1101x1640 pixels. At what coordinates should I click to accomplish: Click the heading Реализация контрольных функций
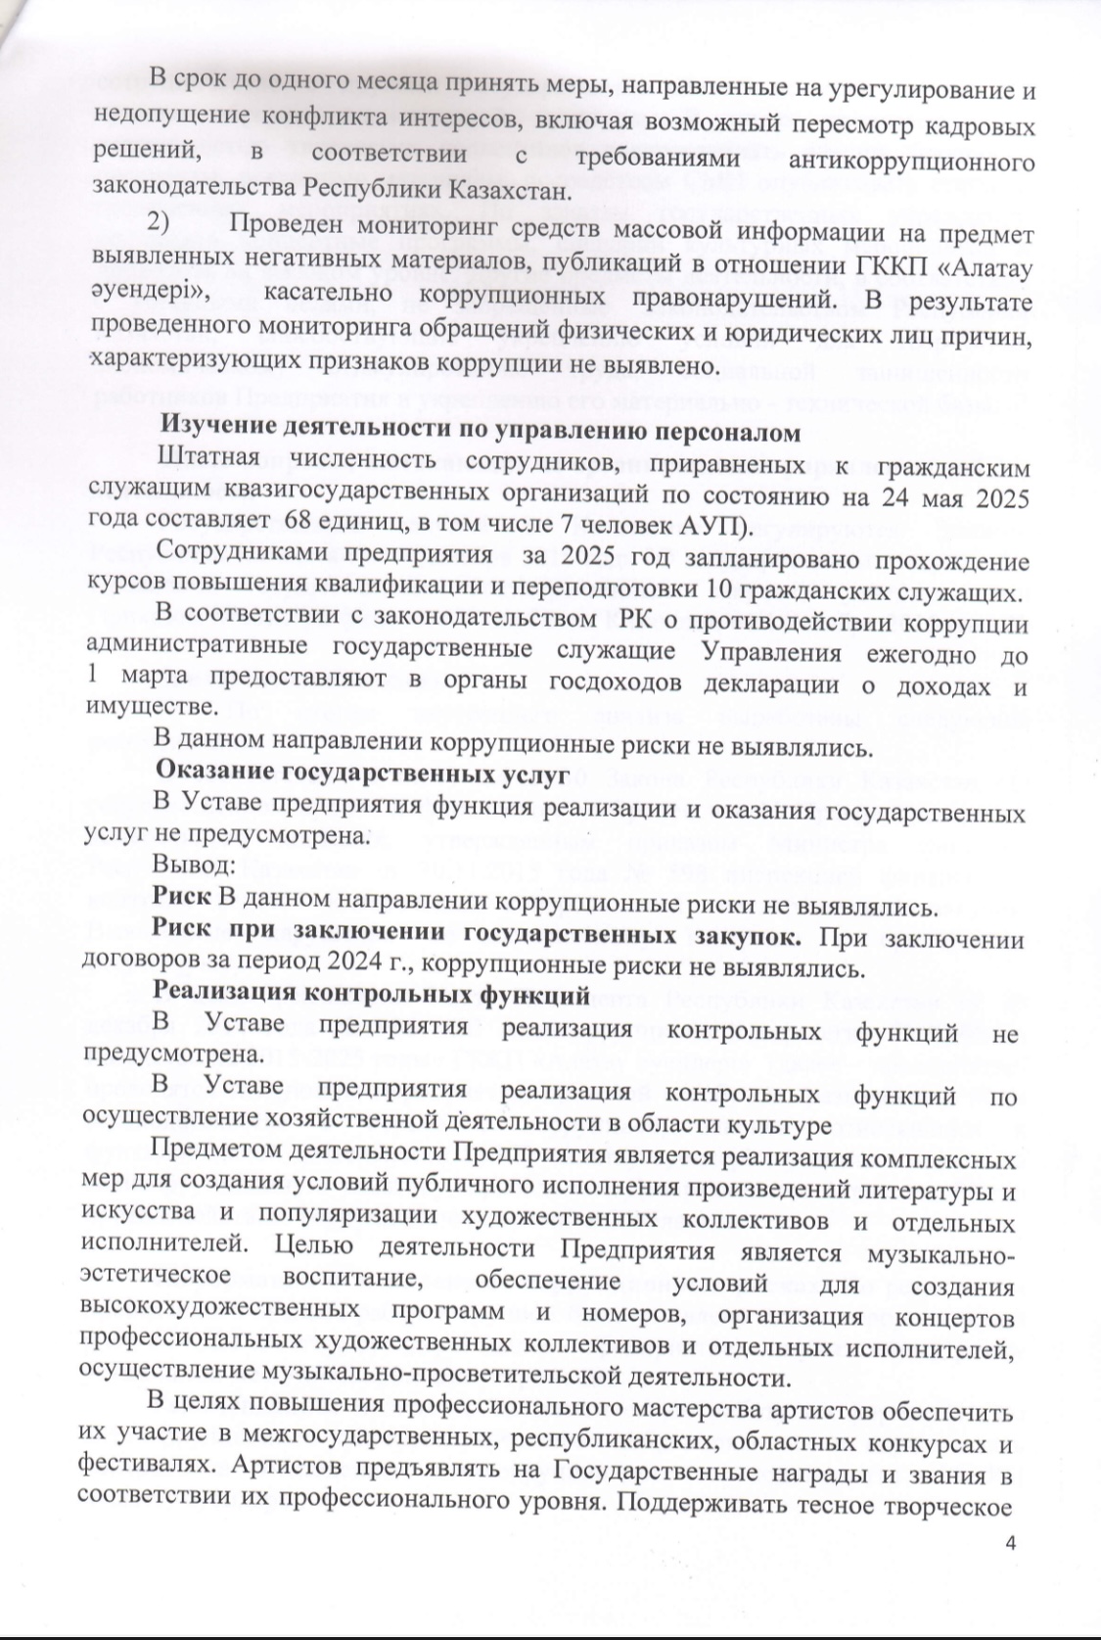pyautogui.click(x=371, y=996)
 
